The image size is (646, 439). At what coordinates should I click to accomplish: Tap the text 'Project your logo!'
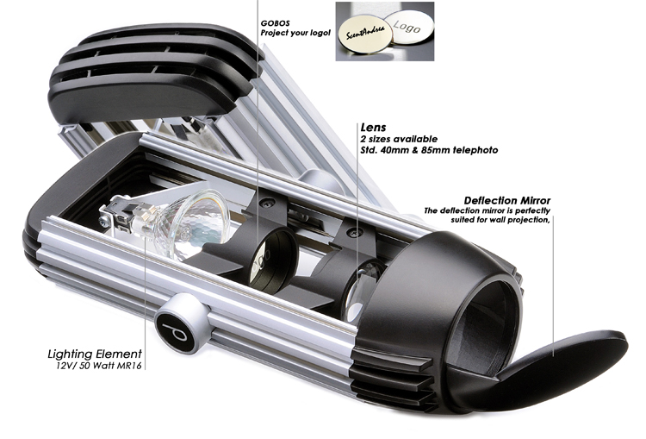(x=295, y=33)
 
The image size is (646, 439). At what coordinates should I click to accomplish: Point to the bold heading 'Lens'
(x=372, y=127)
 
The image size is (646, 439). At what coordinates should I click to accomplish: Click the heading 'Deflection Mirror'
(x=506, y=200)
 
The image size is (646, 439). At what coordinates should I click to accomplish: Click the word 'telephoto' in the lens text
(x=481, y=150)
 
